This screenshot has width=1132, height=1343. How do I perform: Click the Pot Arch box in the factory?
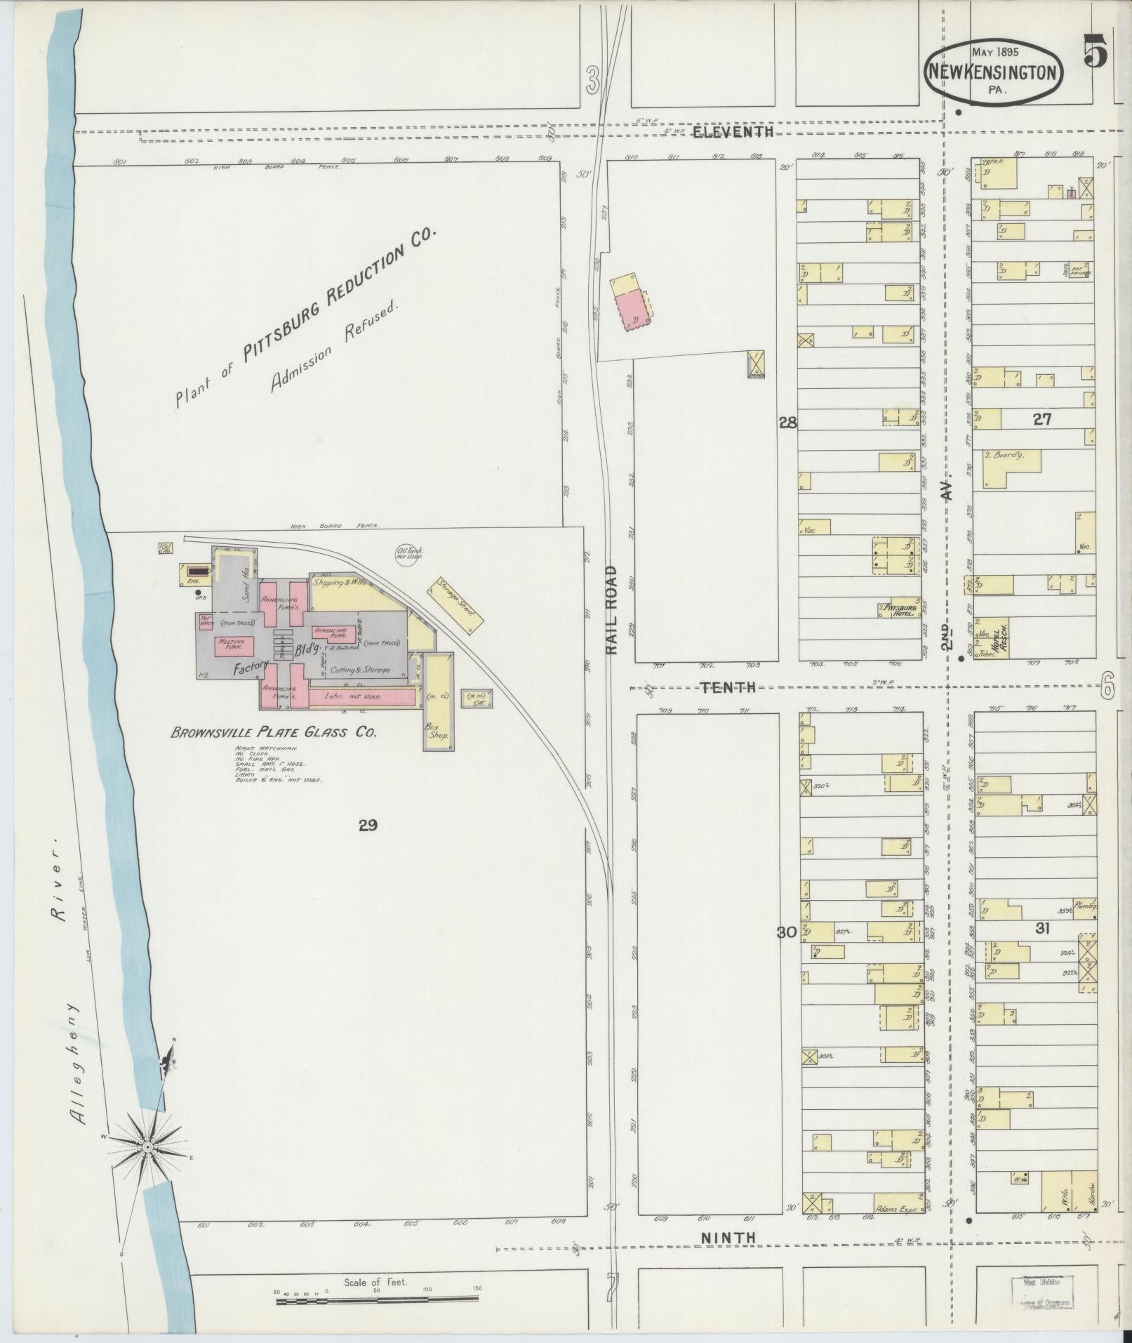(x=206, y=622)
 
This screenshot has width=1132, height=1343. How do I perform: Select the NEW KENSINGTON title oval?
(x=994, y=71)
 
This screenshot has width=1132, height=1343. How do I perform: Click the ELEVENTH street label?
(x=733, y=132)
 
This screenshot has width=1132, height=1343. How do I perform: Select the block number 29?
(x=368, y=826)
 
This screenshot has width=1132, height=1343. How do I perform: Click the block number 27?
(x=1042, y=419)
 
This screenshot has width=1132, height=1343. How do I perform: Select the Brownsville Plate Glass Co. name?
(x=274, y=732)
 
